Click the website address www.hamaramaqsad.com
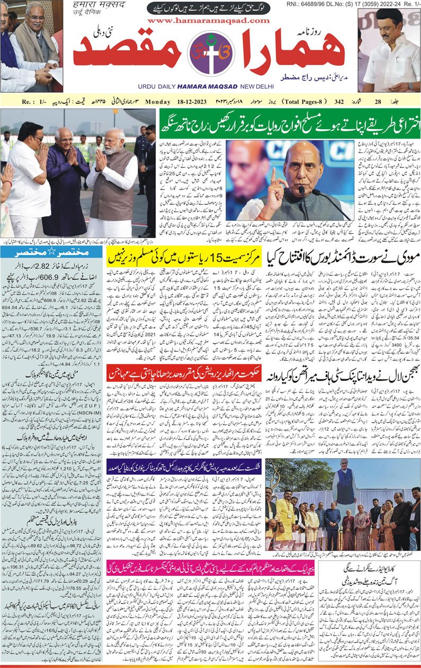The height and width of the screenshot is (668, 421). (209, 20)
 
